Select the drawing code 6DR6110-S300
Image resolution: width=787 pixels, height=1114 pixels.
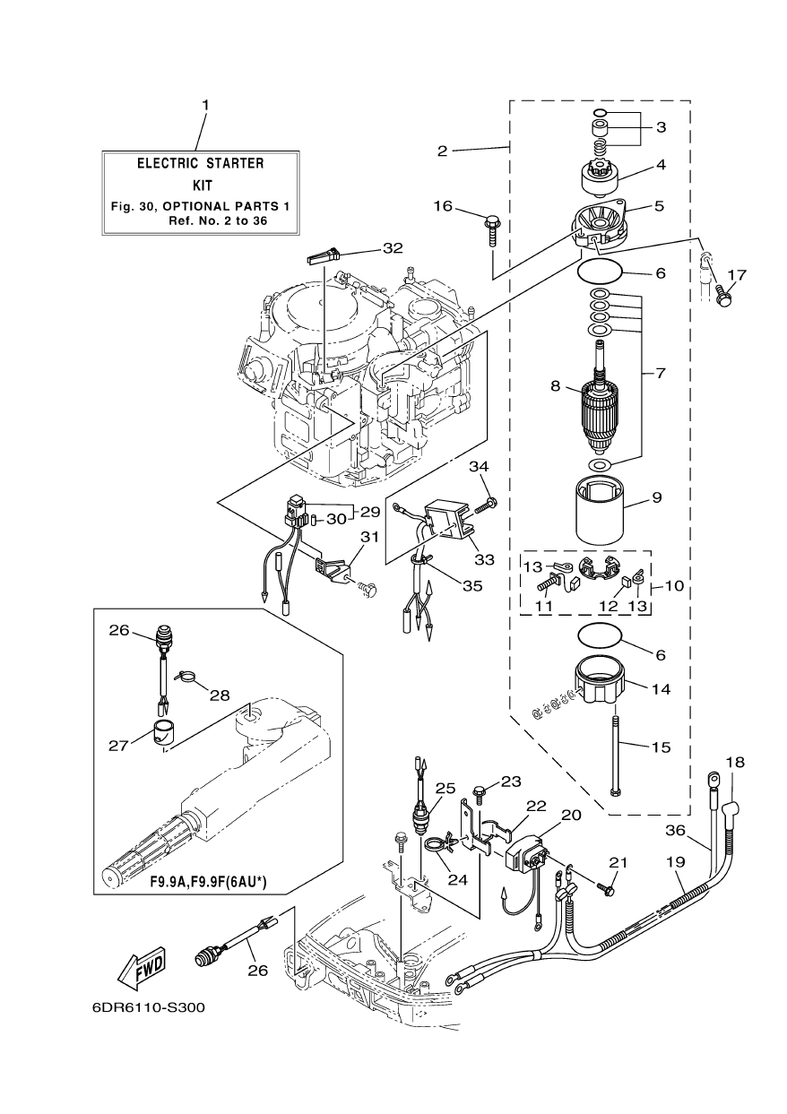click(x=149, y=1006)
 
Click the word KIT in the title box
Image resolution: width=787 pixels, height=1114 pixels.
click(x=200, y=186)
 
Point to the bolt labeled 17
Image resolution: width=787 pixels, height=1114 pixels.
click(x=724, y=290)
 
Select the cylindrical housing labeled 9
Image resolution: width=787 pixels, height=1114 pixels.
click(x=599, y=511)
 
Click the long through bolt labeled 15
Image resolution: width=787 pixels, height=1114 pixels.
click(x=615, y=749)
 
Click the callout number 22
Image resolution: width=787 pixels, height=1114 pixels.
click(x=536, y=805)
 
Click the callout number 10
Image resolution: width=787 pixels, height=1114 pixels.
click(x=675, y=586)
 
